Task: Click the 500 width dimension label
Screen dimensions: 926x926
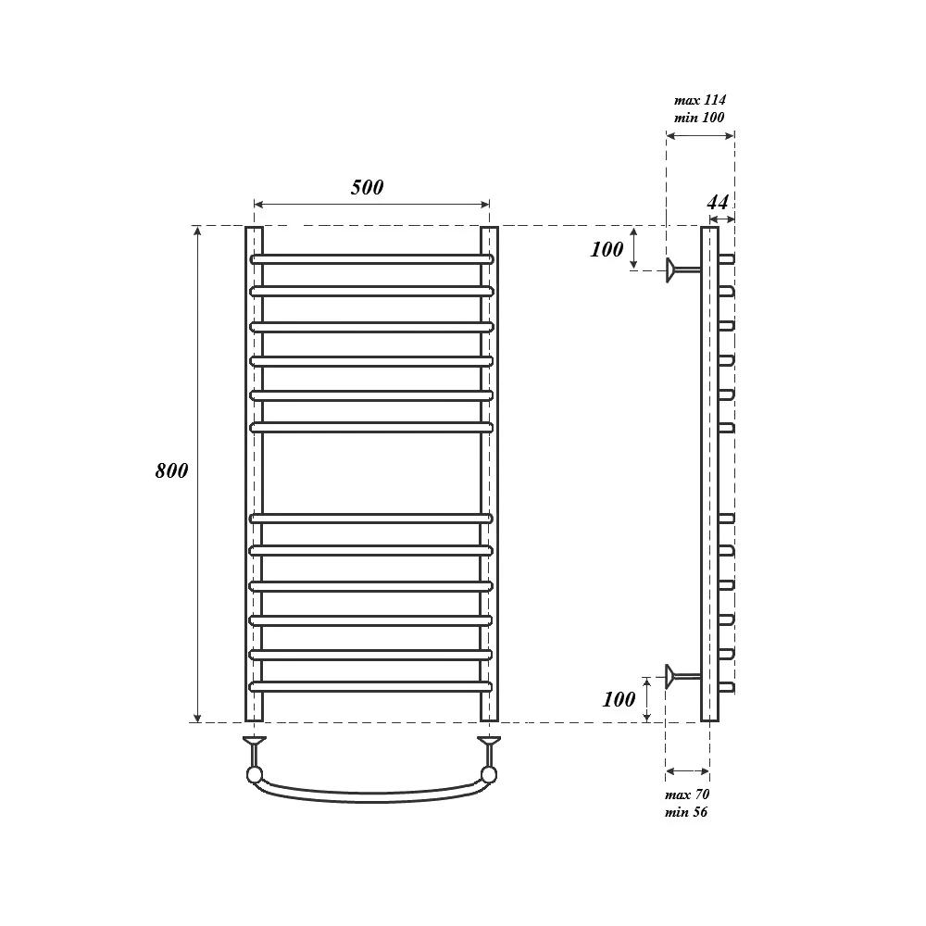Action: tap(368, 187)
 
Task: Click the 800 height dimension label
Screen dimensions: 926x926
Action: tap(172, 470)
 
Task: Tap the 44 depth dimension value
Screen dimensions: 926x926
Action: tap(718, 203)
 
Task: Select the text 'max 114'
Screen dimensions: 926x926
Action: tap(700, 100)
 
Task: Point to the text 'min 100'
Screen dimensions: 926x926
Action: tap(699, 117)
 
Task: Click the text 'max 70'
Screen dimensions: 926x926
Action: tap(687, 795)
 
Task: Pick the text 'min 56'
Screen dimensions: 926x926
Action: tap(685, 812)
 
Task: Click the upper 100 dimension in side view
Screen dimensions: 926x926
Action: tap(607, 249)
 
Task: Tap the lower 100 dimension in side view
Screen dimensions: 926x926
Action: tap(619, 699)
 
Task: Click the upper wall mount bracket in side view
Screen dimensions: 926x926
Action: tap(683, 269)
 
